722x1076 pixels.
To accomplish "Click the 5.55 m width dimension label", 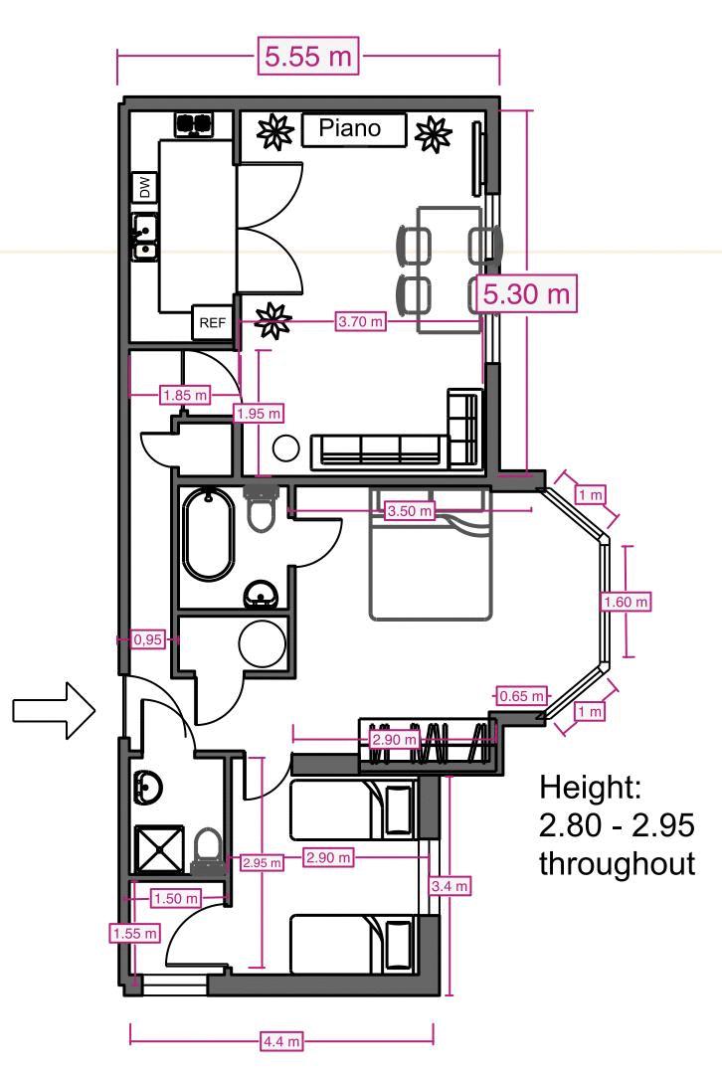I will coord(307,56).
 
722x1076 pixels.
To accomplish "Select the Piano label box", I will coord(354,129).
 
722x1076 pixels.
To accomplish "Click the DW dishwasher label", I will coord(145,186).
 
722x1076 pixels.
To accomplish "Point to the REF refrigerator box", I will coord(212,322).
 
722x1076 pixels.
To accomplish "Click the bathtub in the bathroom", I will coord(207,533).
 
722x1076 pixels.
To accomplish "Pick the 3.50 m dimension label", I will coord(411,511).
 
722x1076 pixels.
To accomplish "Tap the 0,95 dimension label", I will coord(147,640).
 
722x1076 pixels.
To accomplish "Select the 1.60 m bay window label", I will coord(626,602).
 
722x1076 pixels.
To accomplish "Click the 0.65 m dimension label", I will coord(521,695).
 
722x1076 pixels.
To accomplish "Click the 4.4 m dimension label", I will coord(281,1041).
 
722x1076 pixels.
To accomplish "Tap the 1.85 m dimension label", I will coord(185,396).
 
